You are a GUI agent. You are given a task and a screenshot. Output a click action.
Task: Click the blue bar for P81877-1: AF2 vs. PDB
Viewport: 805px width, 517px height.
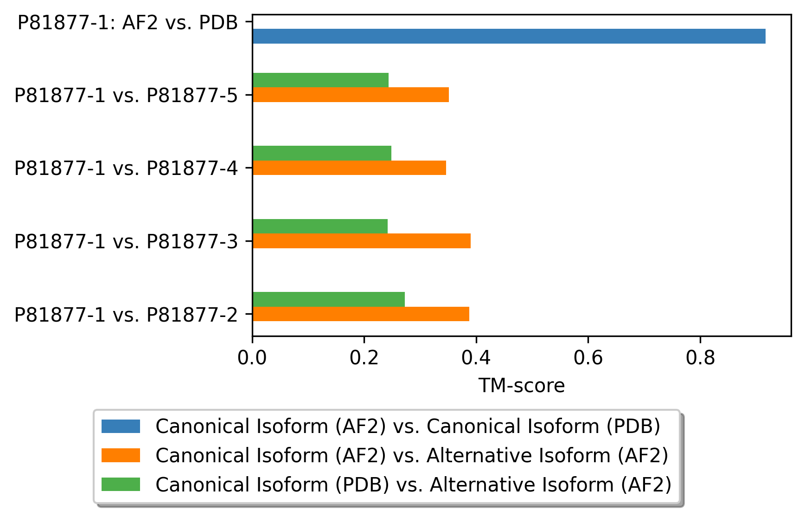[509, 36]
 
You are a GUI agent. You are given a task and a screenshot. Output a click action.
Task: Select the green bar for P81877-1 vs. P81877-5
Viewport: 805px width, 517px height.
[320, 80]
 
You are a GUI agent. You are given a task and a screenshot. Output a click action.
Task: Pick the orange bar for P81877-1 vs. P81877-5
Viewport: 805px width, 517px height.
[351, 95]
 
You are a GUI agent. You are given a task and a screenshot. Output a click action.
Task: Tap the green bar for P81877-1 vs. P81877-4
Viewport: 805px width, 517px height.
[322, 153]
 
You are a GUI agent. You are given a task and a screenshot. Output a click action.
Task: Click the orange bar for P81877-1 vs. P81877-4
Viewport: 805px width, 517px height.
[349, 168]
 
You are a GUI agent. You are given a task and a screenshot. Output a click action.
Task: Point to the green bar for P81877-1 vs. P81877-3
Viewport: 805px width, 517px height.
[320, 226]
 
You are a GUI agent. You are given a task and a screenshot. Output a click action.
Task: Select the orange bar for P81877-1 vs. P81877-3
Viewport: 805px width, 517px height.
[361, 241]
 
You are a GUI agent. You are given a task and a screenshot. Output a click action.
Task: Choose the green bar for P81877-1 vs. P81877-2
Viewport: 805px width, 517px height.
[328, 299]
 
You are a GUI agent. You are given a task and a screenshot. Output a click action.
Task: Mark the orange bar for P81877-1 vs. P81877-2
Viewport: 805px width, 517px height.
[361, 314]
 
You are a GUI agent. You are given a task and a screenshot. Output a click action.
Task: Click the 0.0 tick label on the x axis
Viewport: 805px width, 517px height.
[252, 358]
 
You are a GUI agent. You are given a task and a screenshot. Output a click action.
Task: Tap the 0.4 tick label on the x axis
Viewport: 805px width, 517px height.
[476, 358]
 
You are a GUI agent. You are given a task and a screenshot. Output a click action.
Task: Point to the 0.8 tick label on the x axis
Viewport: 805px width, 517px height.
[700, 358]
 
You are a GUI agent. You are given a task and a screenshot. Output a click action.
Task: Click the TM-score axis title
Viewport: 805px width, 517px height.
[522, 386]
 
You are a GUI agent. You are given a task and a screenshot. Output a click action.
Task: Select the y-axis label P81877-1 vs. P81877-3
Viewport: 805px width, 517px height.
[126, 241]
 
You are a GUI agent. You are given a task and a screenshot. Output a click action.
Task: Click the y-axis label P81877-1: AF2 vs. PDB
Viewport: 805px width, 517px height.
[128, 22]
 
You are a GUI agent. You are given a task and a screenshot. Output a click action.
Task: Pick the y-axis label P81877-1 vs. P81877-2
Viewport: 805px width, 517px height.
[126, 315]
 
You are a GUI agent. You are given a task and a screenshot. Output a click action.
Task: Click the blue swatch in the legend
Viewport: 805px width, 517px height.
[121, 426]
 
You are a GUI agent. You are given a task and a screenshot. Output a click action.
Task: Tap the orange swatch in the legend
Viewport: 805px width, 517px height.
[121, 455]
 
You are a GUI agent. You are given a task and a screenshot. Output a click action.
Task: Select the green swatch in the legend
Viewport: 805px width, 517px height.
[121, 485]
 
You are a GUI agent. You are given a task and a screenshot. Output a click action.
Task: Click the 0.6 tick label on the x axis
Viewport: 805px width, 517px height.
[588, 358]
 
